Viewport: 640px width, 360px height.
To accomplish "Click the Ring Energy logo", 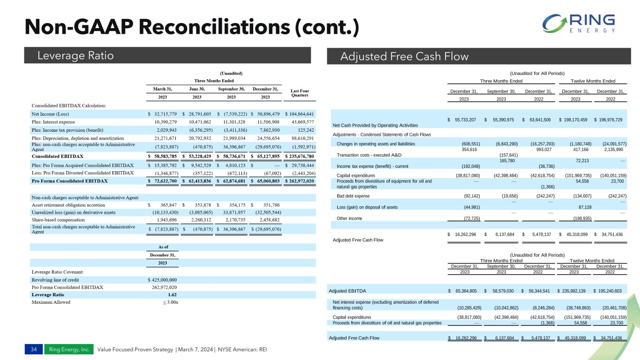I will (578, 24).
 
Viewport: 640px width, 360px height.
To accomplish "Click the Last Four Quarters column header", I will (300, 93).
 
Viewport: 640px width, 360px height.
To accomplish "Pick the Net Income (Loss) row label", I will (53, 114).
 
